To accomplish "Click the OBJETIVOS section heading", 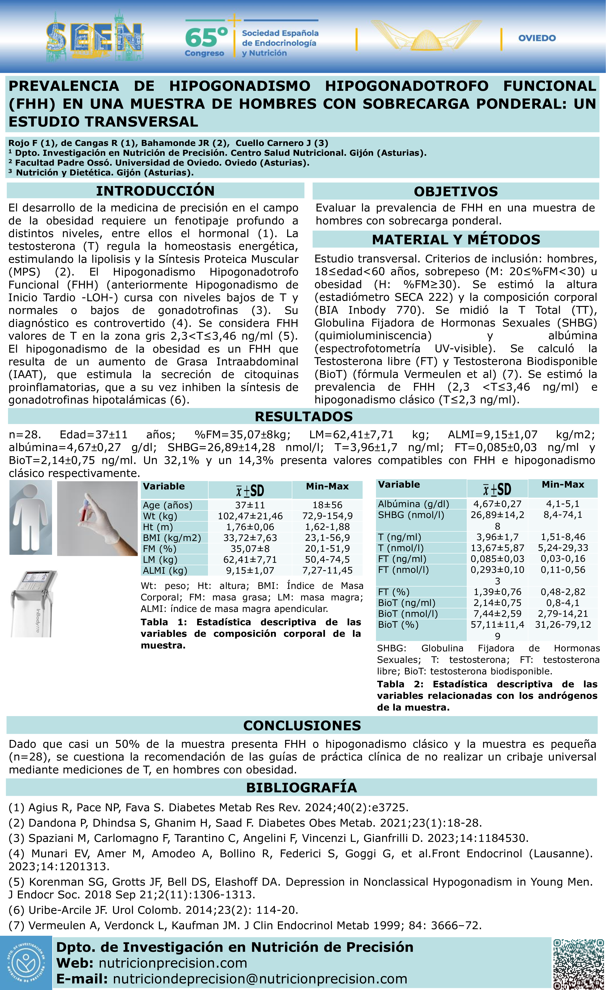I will [x=456, y=191].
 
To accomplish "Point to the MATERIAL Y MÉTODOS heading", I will [x=456, y=239].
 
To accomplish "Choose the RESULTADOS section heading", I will [x=303, y=416].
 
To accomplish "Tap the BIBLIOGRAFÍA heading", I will [x=301, y=787].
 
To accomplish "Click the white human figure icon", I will [x=31, y=517].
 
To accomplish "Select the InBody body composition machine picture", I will [x=34, y=603].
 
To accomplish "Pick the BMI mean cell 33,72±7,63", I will [x=250, y=538].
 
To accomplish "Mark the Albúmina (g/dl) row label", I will [x=414, y=504].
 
